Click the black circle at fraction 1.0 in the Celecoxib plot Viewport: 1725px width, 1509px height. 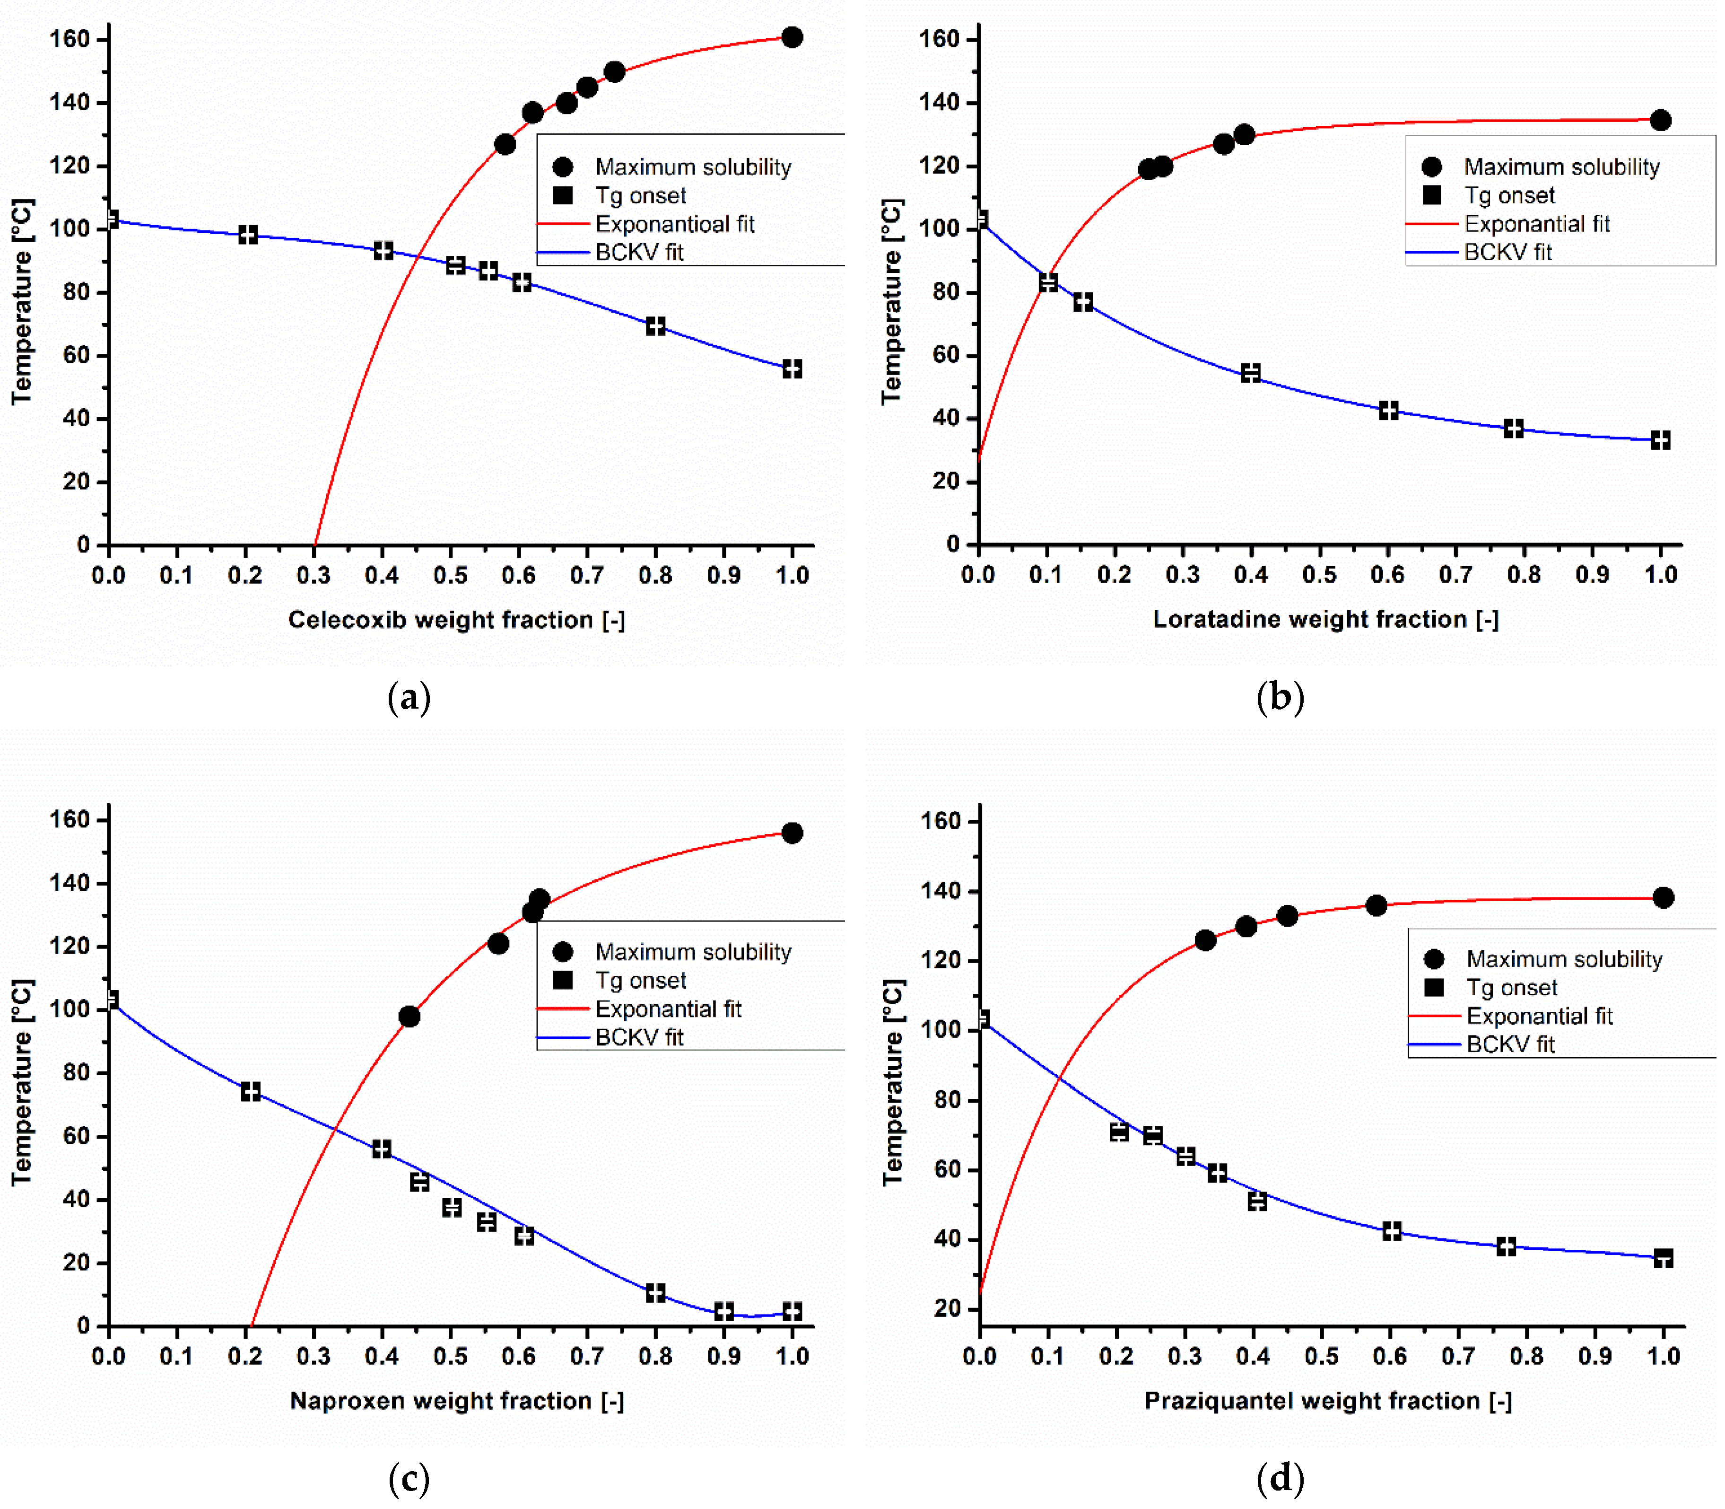coord(792,37)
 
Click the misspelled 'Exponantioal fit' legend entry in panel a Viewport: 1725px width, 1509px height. coord(674,224)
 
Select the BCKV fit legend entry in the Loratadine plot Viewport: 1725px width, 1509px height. coord(1507,252)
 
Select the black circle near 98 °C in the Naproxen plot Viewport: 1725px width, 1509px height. coord(409,1017)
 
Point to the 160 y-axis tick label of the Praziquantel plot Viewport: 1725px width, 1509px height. coord(941,821)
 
